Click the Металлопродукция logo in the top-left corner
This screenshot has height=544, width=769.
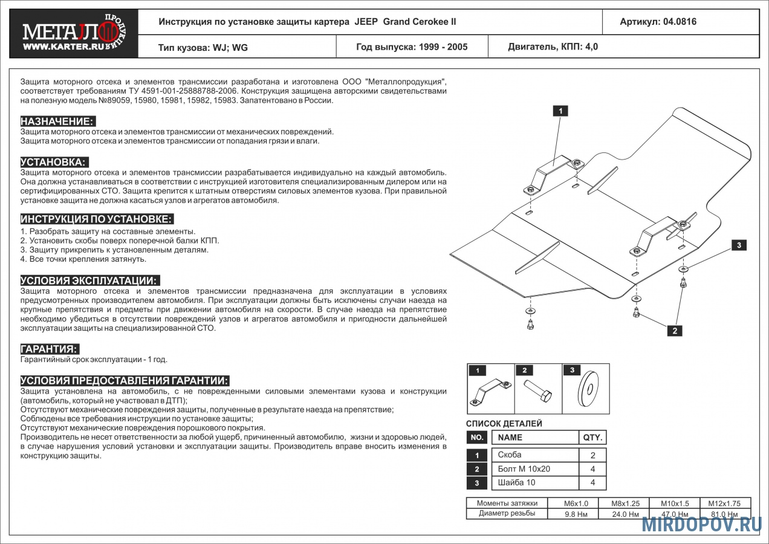click(74, 34)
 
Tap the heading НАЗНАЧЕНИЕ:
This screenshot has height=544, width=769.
click(57, 121)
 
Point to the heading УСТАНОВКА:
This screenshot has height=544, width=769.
click(54, 162)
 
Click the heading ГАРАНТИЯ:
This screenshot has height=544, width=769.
click(50, 349)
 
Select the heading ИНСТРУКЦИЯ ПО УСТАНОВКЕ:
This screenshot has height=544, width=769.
click(97, 219)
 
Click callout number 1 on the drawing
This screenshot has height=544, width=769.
click(560, 111)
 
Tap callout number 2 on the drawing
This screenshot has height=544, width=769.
click(674, 330)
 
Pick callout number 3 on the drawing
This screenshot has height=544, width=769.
click(738, 245)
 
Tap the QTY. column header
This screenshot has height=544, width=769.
click(592, 437)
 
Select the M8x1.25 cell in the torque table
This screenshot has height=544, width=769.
click(625, 504)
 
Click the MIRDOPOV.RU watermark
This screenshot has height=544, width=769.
click(701, 524)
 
